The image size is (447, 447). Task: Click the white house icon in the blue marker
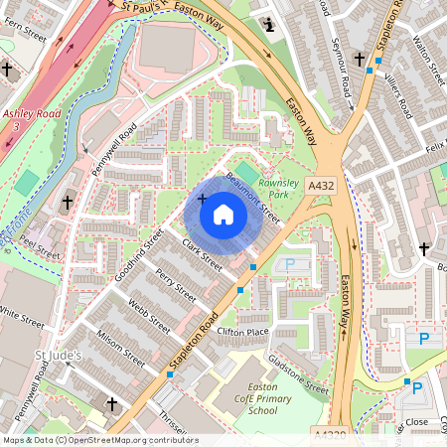(223, 215)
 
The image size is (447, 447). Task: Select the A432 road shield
(320, 186)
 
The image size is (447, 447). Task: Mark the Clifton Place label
(243, 331)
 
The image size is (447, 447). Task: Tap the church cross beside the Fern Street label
(8, 70)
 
